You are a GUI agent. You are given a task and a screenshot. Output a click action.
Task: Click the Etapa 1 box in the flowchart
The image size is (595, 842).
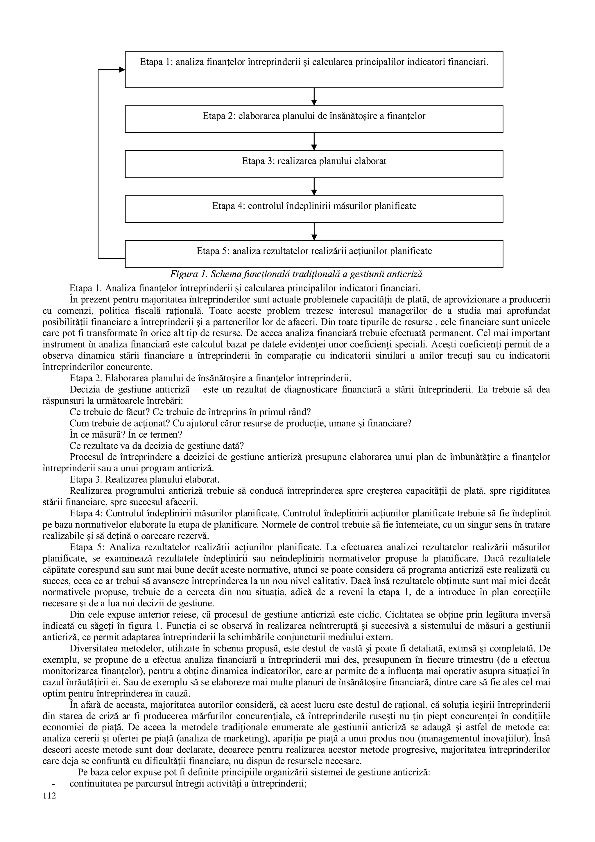314,69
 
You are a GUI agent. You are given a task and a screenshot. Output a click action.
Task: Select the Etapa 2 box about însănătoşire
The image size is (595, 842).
314,119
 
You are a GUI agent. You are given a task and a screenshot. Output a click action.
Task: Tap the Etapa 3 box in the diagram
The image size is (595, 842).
314,164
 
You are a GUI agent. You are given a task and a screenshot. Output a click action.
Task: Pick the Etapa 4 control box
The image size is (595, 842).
314,209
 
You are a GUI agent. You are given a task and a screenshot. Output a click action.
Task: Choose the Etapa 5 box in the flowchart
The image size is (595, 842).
314,254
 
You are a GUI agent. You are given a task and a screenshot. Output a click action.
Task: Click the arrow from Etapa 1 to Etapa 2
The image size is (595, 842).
314,96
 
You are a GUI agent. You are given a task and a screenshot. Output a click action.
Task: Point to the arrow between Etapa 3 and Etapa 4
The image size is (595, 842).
314,186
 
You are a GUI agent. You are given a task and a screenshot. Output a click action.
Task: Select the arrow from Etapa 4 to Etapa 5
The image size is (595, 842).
314,231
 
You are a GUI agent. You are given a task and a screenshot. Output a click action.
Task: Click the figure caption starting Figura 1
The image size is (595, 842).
296,274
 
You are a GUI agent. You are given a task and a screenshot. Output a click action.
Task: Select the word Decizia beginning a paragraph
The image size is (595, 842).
83,389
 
